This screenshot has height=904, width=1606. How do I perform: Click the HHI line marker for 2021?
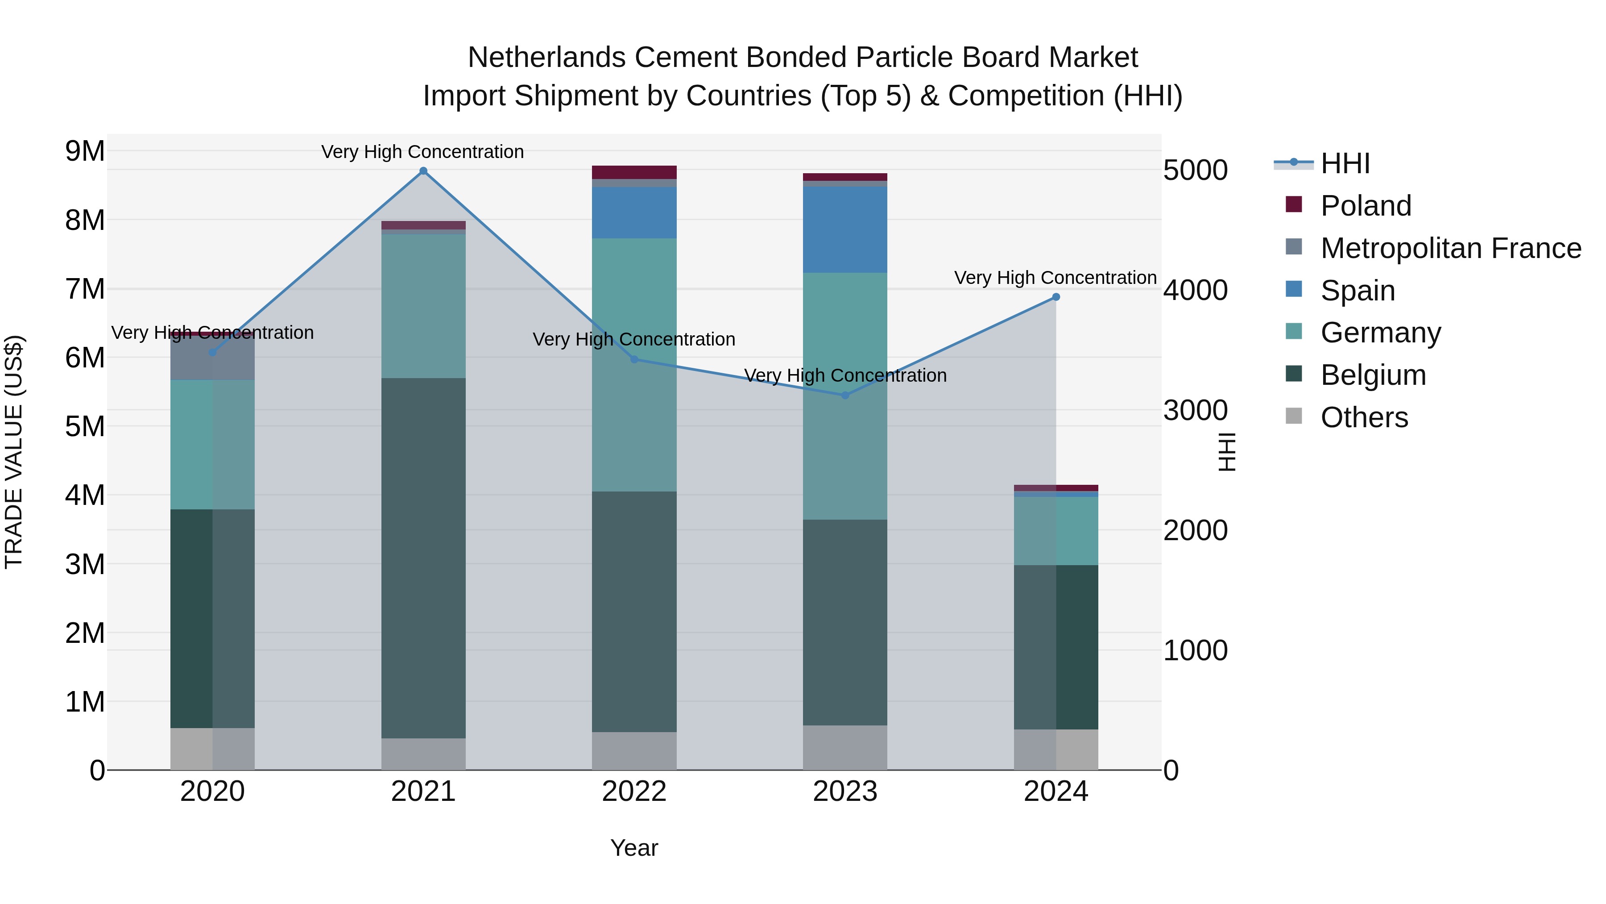pyautogui.click(x=423, y=171)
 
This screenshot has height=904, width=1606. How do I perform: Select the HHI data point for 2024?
pyautogui.click(x=1055, y=297)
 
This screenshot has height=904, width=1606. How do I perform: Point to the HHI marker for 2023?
pyautogui.click(x=845, y=395)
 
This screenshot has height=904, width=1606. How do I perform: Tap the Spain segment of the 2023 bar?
pyautogui.click(x=845, y=229)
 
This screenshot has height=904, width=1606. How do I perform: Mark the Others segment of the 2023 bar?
pyautogui.click(x=845, y=747)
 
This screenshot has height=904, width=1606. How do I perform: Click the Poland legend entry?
pyautogui.click(x=1366, y=206)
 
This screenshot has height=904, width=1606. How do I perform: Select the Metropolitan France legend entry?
pyautogui.click(x=1450, y=248)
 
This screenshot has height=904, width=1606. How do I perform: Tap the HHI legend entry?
pyautogui.click(x=1345, y=163)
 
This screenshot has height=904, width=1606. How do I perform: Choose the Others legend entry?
pyautogui.click(x=1364, y=417)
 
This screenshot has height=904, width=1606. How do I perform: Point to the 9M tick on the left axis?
pyautogui.click(x=85, y=151)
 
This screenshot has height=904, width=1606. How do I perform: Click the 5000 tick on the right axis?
pyautogui.click(x=1195, y=171)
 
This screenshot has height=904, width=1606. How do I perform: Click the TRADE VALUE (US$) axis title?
pyautogui.click(x=14, y=452)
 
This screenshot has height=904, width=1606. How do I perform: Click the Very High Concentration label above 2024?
pyautogui.click(x=1055, y=278)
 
